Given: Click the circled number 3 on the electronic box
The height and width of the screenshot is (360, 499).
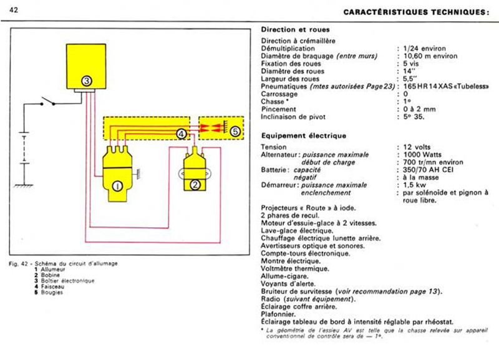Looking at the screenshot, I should click(87, 80).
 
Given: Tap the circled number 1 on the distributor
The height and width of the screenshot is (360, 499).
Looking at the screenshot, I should click(116, 185).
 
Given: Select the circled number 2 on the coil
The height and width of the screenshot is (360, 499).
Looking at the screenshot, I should click(195, 184).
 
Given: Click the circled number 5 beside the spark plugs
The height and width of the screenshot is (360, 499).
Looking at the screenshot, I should click(234, 132).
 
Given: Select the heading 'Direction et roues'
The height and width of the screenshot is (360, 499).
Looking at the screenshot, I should click(295, 29).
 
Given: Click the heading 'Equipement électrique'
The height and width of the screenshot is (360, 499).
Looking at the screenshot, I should click(303, 135).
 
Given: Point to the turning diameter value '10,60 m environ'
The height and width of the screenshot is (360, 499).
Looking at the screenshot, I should click(429, 56).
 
